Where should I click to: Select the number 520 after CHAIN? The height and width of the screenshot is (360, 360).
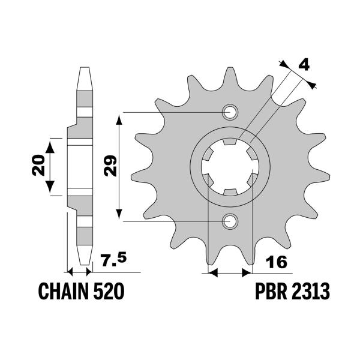coord(109,292)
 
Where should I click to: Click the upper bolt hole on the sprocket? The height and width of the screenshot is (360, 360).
coord(229,112)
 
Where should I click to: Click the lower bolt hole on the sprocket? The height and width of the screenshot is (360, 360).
coord(229,221)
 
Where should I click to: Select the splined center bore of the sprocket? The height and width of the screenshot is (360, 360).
coord(229,167)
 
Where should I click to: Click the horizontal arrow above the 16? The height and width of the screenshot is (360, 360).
coord(229,274)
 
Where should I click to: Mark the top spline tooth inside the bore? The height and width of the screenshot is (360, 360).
coord(229,143)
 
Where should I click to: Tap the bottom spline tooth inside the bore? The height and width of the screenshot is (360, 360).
coord(229,191)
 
